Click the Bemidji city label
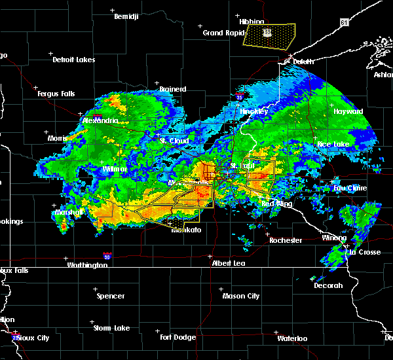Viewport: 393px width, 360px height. pos(127,16)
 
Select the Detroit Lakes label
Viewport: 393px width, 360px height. pos(74,60)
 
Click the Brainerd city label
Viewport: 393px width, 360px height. pos(173,89)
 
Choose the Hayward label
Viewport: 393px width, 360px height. pos(348,111)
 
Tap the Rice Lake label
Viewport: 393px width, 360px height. pos(333,144)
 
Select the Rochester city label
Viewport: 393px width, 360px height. pos(286,240)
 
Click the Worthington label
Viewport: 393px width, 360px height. pos(86,265)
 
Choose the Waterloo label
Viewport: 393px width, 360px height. pos(291,338)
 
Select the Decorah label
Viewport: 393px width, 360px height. pos(328,285)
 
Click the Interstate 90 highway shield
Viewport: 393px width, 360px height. pos(106,256)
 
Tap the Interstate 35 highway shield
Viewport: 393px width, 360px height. pos(240,98)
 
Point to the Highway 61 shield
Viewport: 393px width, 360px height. pos(345,23)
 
